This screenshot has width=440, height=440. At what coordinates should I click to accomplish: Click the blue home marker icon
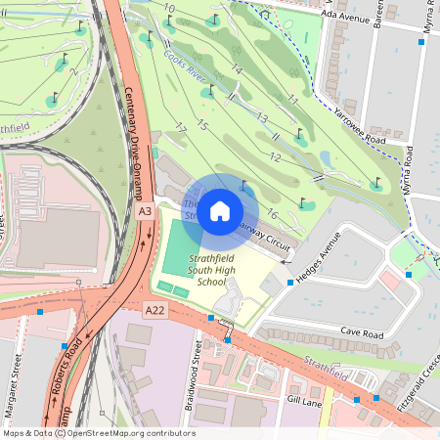[x=220, y=211]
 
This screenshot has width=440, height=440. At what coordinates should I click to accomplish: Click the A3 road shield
[x=145, y=211]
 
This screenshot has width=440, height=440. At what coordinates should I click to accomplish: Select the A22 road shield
[x=154, y=310]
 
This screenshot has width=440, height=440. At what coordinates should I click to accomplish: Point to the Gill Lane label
[x=304, y=401]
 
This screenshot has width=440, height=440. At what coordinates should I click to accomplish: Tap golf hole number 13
[x=261, y=117]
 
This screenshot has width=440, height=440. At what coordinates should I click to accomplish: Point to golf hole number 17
[x=180, y=128]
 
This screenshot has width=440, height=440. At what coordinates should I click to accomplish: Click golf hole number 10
[x=169, y=8]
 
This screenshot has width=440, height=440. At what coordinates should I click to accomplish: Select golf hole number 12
[x=276, y=157]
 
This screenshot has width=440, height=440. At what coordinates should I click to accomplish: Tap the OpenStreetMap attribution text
[x=98, y=433]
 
